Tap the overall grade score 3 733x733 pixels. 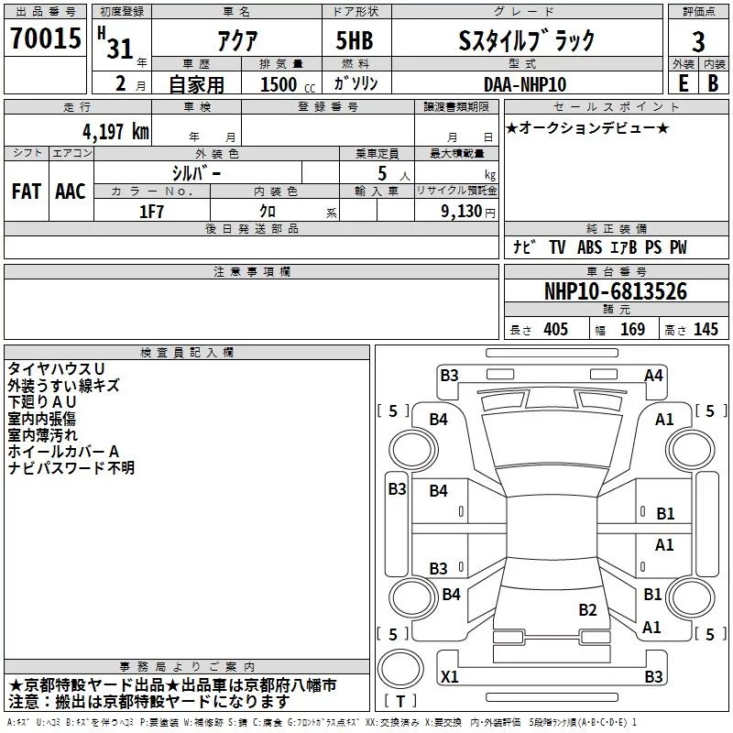[698, 41]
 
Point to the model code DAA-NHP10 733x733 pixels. [525, 84]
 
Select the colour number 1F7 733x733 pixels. [151, 211]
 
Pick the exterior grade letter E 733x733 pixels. [683, 83]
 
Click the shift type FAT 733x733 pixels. [27, 191]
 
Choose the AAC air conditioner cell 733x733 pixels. [71, 191]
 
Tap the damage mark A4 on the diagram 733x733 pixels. [653, 375]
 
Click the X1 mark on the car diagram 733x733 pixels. [449, 676]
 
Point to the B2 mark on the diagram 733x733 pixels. [587, 609]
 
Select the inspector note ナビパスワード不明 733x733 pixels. [71, 468]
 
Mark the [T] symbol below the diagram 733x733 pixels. [400, 701]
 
